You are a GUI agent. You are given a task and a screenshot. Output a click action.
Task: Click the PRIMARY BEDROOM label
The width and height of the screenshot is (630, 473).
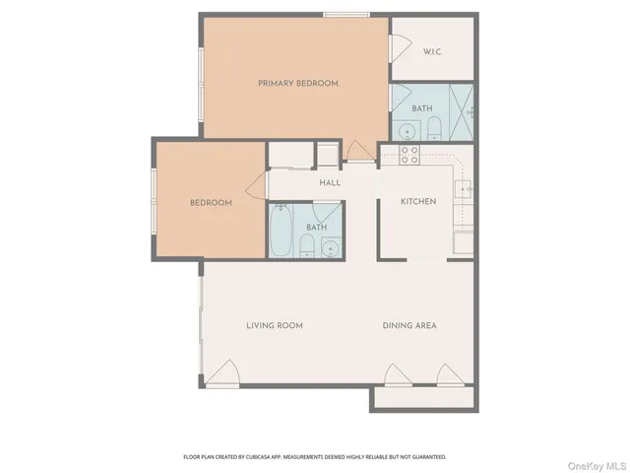point(297,84)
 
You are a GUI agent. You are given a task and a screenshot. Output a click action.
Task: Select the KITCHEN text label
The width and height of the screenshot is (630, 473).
point(417,202)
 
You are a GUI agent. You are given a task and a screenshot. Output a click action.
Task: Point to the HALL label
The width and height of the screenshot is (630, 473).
point(329,182)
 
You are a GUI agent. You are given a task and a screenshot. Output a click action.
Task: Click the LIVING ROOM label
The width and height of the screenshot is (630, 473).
point(274,325)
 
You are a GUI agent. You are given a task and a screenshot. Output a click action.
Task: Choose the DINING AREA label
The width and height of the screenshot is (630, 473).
point(409,325)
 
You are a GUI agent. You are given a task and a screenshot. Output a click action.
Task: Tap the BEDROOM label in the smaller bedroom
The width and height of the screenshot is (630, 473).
point(211,203)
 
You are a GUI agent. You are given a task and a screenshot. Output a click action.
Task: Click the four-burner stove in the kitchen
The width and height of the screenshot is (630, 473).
point(409,154)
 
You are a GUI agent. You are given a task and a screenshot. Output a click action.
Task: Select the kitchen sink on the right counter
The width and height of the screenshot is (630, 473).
point(465,188)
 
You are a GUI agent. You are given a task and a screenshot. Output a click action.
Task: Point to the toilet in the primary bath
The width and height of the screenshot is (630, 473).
point(432,127)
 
